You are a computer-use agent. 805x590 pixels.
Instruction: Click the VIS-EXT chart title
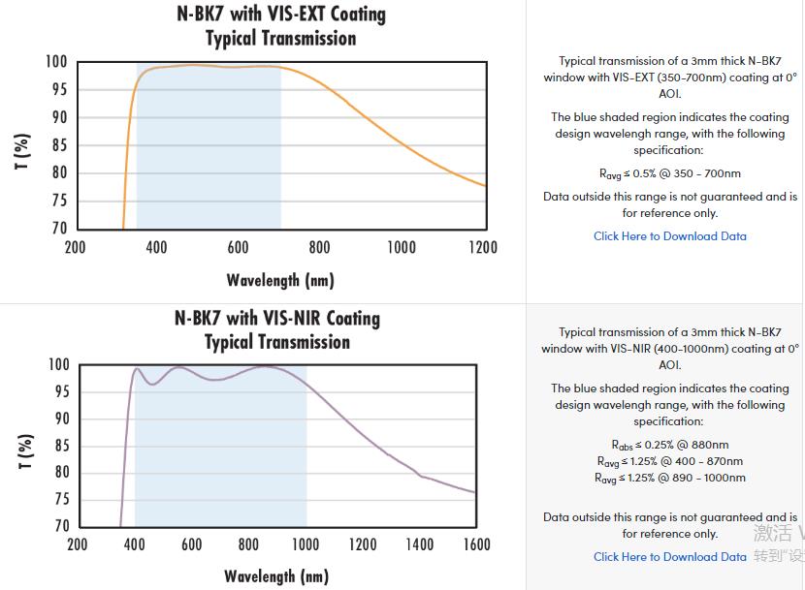pos(279,26)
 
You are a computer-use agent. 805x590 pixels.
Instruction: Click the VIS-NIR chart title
pos(277,329)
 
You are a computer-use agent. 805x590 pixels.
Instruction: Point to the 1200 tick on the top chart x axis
pos(482,247)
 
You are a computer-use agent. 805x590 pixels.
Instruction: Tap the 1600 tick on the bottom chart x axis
pos(476,544)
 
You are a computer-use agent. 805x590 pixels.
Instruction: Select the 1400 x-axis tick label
pos(419,544)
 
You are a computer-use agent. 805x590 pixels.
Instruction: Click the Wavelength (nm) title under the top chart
pos(279,280)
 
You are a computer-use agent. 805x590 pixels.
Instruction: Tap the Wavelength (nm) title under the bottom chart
pos(276,576)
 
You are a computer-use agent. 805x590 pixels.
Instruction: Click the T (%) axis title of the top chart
pos(23,151)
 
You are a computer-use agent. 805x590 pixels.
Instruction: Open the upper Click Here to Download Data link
pos(670,235)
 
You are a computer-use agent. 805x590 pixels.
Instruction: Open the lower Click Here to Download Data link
pos(670,556)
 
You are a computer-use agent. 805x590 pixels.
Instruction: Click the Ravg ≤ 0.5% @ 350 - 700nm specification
pos(670,173)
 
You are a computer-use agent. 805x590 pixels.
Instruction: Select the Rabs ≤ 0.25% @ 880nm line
pos(670,445)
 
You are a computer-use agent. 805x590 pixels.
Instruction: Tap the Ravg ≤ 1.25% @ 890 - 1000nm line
pos(670,478)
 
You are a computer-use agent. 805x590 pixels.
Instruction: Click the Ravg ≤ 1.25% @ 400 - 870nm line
pos(670,461)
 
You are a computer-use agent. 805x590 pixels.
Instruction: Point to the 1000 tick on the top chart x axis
pos(401,247)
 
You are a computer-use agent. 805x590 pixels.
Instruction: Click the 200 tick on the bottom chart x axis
pos(78,544)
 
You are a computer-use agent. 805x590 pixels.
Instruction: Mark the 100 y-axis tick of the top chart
pos(56,62)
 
